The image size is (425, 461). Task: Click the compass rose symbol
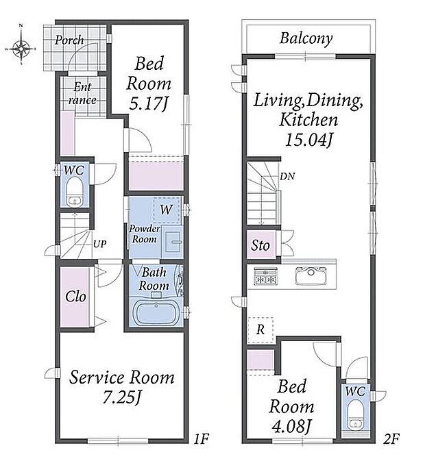[x=21, y=49]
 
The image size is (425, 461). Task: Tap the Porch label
[x=69, y=40]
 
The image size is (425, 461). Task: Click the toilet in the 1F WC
[x=73, y=192]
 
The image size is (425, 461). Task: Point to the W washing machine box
[x=166, y=210]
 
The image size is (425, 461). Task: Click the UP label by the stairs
[x=99, y=244]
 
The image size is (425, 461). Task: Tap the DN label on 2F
[x=287, y=177]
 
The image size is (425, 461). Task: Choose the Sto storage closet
[x=260, y=245]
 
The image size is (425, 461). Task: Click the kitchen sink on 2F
[x=311, y=275]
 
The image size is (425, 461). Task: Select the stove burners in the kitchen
[x=265, y=276]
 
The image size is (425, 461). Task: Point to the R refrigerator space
[x=260, y=330]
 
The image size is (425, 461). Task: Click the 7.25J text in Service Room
[x=122, y=397]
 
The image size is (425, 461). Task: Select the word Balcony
[x=306, y=38]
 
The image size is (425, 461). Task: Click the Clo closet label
[x=76, y=297]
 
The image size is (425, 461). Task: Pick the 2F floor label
[x=391, y=439]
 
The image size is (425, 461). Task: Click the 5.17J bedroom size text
[x=149, y=104]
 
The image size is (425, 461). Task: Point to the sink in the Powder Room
[x=173, y=242]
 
